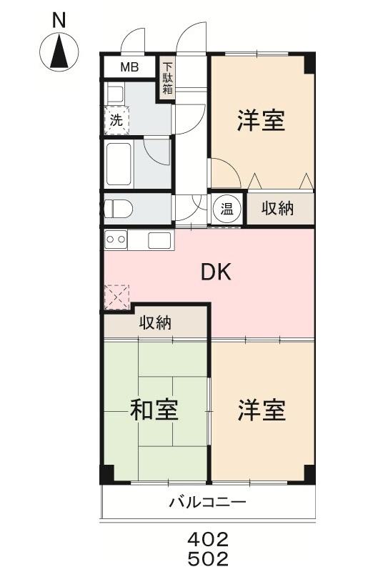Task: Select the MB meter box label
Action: point(129,68)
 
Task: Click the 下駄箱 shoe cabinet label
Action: point(167,78)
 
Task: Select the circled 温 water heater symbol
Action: point(226,209)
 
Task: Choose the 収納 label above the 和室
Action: point(154,322)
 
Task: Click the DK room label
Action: point(216,272)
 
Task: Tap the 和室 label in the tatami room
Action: point(154,410)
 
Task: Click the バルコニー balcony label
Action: point(207,503)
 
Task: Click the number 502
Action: point(208,558)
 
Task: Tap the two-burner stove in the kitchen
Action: point(116,239)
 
